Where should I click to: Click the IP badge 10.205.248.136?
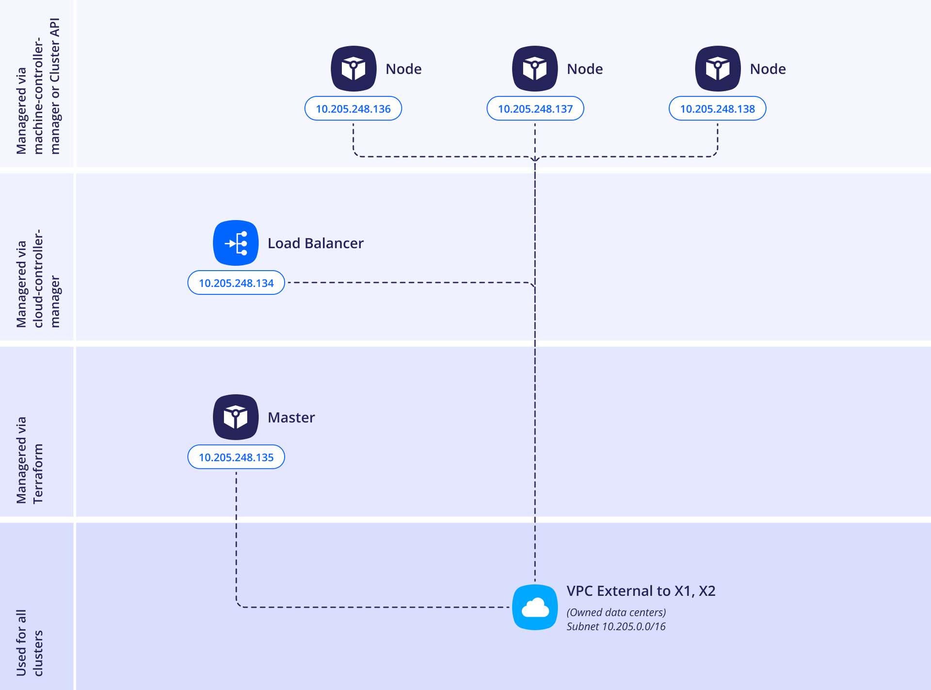coord(353,109)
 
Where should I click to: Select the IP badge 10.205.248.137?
coord(535,109)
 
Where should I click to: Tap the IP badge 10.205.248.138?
coord(717,109)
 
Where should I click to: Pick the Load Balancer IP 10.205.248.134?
coord(236,283)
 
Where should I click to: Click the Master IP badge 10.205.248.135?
coord(236,457)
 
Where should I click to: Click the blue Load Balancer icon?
coord(236,243)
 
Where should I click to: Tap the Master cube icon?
coord(236,417)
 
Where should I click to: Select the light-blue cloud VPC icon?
coord(535,607)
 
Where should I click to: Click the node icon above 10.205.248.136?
coord(353,68)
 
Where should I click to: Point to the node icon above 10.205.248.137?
coord(535,68)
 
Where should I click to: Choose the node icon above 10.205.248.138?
coord(718,68)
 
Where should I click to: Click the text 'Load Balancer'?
coord(315,243)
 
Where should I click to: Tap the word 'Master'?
coord(291,417)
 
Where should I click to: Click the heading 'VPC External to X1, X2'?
coord(641,591)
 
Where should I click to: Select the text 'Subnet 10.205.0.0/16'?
coord(616,626)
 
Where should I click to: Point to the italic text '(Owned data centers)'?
coord(616,612)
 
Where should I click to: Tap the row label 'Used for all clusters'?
coord(30,642)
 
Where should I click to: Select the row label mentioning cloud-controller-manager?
coord(38,278)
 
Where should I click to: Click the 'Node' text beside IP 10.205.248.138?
coord(768,69)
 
